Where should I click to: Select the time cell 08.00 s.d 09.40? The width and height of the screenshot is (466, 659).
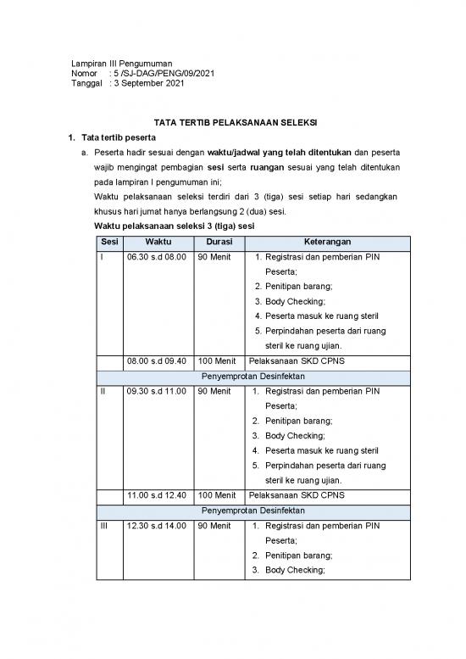[x=157, y=360]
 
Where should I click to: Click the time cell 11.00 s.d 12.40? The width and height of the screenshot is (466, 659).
[x=157, y=494]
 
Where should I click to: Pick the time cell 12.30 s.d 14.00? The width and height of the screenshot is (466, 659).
[x=157, y=526]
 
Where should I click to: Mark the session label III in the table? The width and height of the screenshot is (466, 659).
[x=104, y=526]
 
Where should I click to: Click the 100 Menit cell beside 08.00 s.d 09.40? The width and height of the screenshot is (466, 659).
[x=217, y=360]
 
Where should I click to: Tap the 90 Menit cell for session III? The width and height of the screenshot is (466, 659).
[x=214, y=526]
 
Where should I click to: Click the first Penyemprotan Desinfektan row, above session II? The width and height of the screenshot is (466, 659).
[x=253, y=376]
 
